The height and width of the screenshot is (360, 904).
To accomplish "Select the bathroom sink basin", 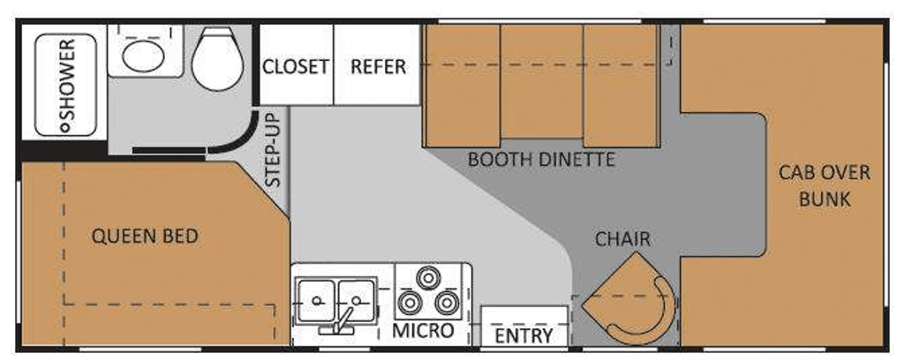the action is (x=144, y=56).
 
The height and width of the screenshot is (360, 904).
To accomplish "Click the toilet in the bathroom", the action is (x=217, y=59).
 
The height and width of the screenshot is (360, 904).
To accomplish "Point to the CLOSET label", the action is (x=296, y=67).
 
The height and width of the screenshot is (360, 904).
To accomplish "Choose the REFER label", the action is (x=378, y=67).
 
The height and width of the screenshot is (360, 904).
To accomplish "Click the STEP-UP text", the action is (x=274, y=149).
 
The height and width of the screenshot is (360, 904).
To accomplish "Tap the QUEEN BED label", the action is (x=145, y=236).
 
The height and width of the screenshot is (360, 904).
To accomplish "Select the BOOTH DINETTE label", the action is (x=541, y=160).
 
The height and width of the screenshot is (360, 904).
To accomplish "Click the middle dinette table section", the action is (x=541, y=81).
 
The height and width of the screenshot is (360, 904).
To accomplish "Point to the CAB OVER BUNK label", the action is (x=825, y=185).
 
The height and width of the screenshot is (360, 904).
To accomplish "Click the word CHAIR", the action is (x=623, y=239).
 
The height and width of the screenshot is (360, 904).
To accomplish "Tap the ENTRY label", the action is (x=524, y=335).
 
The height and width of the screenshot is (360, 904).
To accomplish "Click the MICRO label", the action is (x=423, y=331).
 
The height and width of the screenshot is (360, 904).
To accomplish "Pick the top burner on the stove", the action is (x=428, y=279).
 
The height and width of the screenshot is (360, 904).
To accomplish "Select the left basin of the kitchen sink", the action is (x=316, y=301).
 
